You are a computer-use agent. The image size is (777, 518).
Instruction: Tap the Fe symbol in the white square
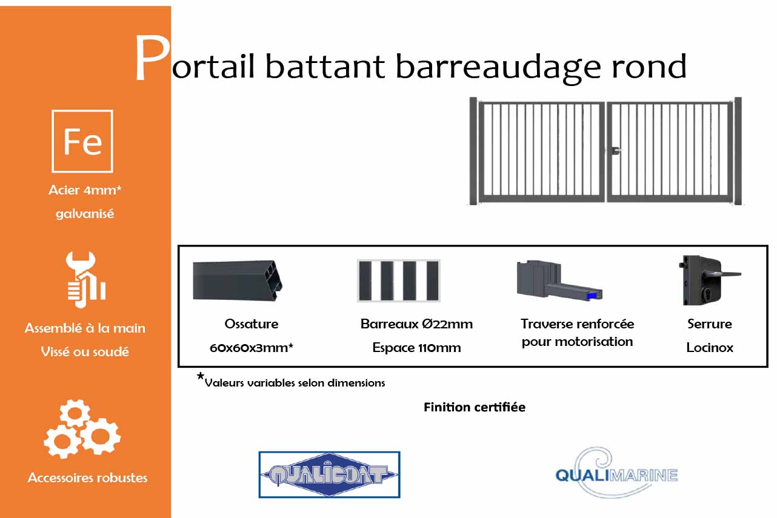[x=82, y=141]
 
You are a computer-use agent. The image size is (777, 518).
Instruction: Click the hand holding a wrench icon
[x=85, y=279]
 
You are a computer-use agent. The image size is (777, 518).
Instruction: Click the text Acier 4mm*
[x=85, y=190]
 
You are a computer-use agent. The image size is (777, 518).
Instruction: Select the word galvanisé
[x=85, y=214]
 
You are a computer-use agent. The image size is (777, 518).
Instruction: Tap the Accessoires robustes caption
[x=87, y=477]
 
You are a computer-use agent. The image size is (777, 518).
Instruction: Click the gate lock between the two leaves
[x=615, y=150]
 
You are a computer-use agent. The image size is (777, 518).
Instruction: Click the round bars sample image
[x=398, y=281]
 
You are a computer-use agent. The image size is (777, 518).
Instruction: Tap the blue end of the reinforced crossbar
[x=592, y=295]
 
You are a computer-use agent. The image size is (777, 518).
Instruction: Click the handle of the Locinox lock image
[x=727, y=274]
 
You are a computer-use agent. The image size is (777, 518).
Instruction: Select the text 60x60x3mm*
[x=251, y=348]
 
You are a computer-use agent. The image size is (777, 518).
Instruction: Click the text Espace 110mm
[x=416, y=348]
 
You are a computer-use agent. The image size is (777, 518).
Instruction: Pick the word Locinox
[x=710, y=348]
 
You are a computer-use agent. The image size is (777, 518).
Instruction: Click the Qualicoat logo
[x=329, y=474]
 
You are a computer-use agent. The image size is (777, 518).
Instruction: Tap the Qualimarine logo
[x=616, y=473]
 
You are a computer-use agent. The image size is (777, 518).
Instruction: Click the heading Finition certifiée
[x=474, y=407]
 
